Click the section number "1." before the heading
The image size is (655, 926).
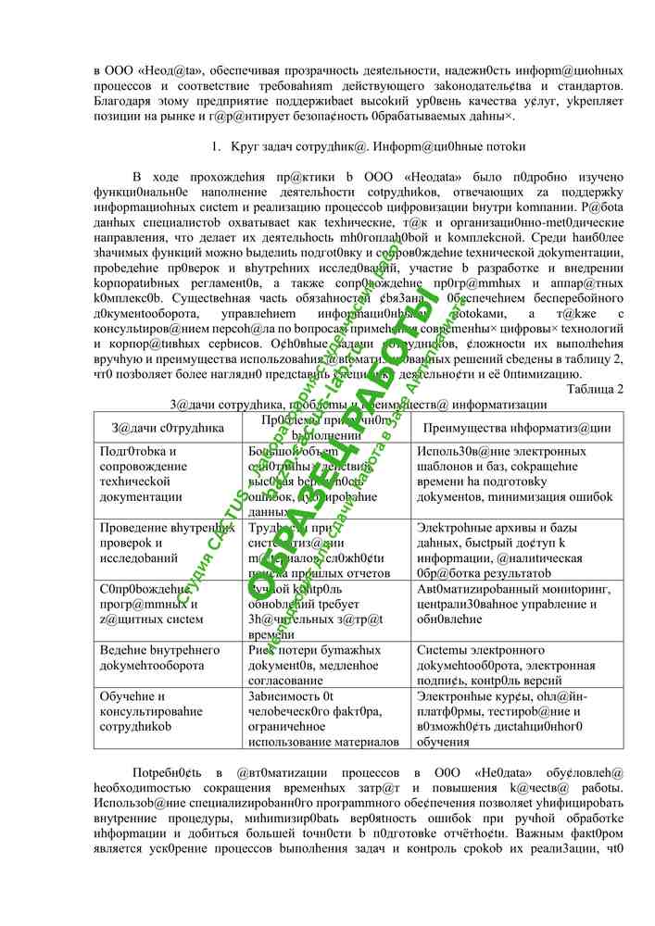215,146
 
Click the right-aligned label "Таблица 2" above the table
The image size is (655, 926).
593,388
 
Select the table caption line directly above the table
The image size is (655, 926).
359,404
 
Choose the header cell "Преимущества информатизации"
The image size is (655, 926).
516,428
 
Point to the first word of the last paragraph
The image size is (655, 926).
164,771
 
